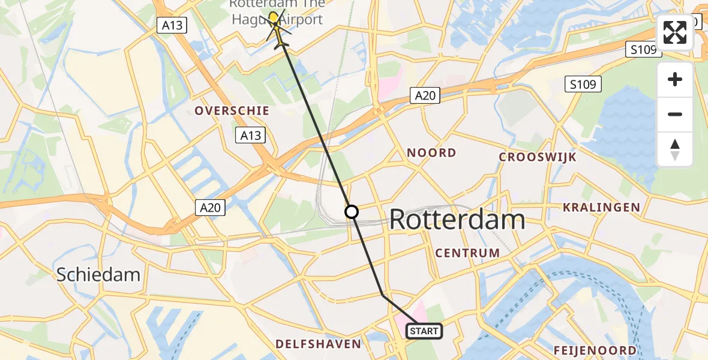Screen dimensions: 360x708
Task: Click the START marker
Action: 425,331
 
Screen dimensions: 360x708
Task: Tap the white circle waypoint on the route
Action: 352,212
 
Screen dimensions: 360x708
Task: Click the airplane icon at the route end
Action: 281,43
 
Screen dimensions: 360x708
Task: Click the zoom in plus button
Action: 675,79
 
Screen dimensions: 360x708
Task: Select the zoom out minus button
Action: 675,114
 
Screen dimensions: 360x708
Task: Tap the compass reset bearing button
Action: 675,149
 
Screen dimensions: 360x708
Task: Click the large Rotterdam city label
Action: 457,220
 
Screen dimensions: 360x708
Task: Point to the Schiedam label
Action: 98,275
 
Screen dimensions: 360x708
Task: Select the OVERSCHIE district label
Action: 232,111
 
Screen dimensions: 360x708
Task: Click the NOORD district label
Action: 431,153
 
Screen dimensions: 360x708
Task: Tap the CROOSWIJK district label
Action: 538,157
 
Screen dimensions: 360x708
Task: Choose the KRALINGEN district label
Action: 601,208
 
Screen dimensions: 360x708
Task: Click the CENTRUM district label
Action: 467,253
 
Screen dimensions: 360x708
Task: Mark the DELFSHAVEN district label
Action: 318,344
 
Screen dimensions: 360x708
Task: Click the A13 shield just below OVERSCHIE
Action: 250,135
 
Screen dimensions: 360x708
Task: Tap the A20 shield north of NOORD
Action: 425,95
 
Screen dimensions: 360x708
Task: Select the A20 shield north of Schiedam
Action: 210,208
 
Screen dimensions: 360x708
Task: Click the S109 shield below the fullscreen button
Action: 583,84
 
